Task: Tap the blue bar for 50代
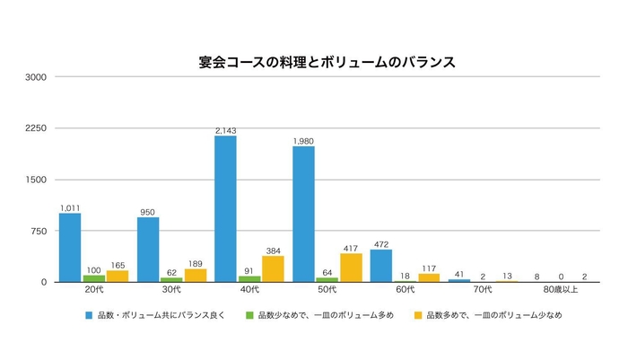[304, 215]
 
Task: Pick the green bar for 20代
[93, 278]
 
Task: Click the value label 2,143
[225, 131]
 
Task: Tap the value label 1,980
[304, 141]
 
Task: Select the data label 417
[351, 248]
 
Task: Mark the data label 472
[382, 244]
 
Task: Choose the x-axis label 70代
[483, 291]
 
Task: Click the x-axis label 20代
[93, 291]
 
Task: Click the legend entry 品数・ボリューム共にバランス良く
[160, 316]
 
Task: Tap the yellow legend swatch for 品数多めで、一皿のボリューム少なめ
[419, 316]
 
